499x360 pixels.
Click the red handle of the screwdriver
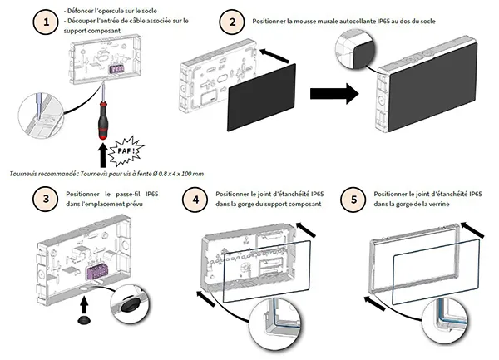tap(101, 125)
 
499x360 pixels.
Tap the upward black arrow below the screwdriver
tap(103, 155)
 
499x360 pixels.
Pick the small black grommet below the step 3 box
tap(83, 317)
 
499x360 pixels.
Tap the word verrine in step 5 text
tap(462, 205)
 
